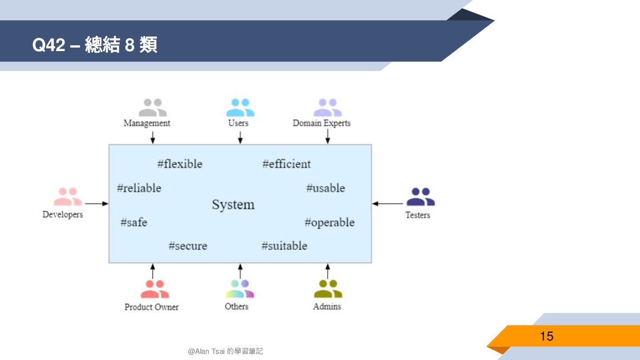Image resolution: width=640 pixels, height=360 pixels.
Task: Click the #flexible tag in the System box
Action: coord(180,164)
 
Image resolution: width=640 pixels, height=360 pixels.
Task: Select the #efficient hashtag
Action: coord(286,164)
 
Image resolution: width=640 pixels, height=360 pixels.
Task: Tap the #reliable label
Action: coord(139,188)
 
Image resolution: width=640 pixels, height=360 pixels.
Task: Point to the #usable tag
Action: coord(325,188)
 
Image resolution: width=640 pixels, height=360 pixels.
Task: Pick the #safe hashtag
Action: coord(133,222)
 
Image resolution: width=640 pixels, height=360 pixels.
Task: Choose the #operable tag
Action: coord(329,222)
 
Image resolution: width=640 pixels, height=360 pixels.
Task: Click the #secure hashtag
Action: coord(188,246)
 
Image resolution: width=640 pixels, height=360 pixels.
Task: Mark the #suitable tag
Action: coord(284,246)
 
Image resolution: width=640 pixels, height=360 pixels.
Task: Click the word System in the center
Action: coord(233,204)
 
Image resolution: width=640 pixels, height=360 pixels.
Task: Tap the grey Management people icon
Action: coord(152,108)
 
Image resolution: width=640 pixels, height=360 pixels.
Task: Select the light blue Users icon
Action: coord(240,108)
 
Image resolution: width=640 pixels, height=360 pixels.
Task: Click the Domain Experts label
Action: coord(321,123)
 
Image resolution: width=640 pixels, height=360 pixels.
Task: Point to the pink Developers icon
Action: coord(68,196)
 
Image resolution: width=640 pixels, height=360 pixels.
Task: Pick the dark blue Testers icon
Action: coord(420,197)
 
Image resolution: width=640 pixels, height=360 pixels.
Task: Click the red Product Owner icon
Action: coord(155,289)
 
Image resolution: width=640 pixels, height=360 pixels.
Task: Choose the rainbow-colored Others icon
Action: coord(240,289)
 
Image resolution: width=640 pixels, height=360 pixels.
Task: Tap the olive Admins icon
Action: coord(328,289)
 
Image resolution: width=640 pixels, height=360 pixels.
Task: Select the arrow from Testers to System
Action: coord(388,204)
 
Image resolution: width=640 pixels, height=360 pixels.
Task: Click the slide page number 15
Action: coord(546,336)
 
